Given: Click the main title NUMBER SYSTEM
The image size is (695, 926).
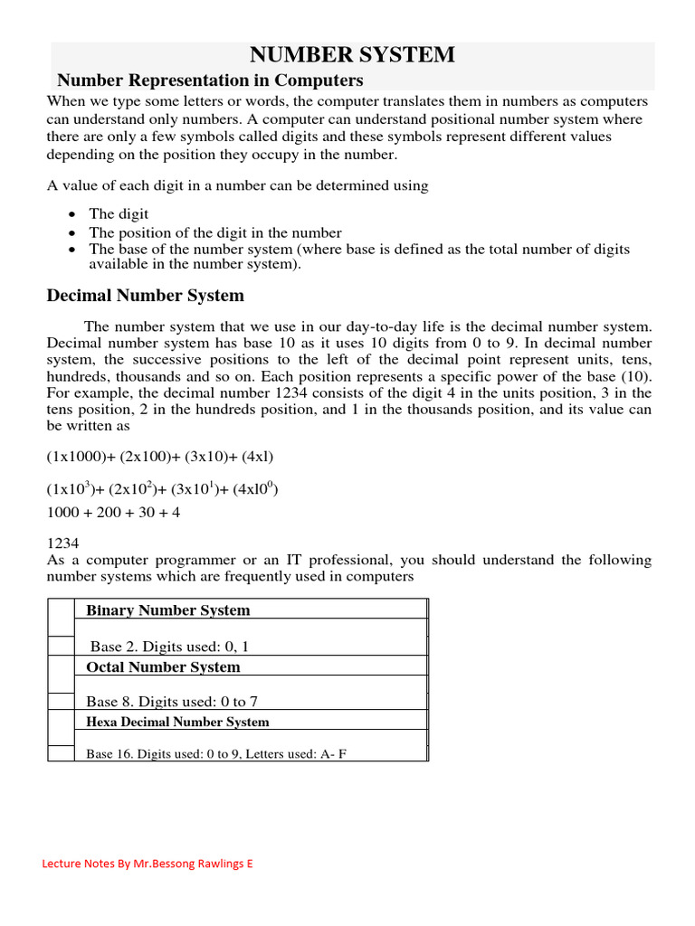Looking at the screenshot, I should (x=352, y=54).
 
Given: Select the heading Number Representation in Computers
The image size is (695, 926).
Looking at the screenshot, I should (x=210, y=80).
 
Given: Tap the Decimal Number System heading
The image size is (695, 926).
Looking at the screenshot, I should (x=145, y=296).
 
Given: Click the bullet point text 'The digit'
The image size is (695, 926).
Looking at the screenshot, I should (x=113, y=214).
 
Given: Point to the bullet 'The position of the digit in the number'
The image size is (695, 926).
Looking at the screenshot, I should (x=214, y=232).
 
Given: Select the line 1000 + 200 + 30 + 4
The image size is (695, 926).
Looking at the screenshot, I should (x=114, y=512).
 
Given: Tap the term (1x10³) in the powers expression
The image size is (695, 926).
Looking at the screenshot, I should (x=71, y=489).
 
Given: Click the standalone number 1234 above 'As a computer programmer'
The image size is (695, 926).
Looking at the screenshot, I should (x=62, y=543).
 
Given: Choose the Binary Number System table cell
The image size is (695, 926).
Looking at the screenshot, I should (x=167, y=610).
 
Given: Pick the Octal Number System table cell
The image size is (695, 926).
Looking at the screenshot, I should (x=163, y=667).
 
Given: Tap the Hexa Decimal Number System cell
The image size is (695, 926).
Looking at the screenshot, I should (x=177, y=722).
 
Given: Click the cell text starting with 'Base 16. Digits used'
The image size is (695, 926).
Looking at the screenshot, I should (x=216, y=753).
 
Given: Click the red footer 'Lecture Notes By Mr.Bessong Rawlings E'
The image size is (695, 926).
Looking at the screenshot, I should (x=148, y=864).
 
